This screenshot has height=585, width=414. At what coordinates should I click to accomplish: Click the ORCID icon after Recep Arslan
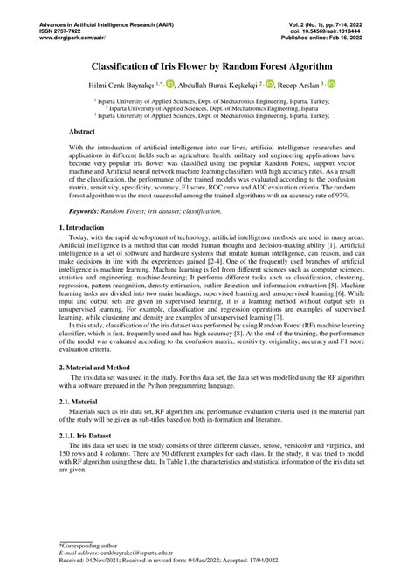point(332,83)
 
